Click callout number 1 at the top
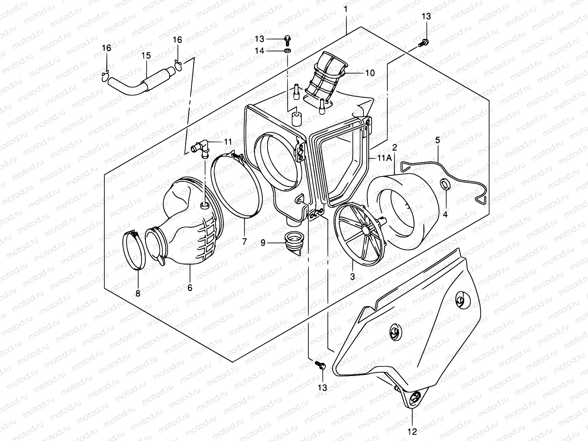[345, 8]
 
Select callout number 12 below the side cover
[412, 431]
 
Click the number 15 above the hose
[146, 55]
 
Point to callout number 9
[263, 243]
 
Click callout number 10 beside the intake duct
[370, 73]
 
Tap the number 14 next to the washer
[260, 51]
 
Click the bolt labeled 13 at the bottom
[319, 365]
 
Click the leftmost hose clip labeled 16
[105, 76]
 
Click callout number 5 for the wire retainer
[437, 140]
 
